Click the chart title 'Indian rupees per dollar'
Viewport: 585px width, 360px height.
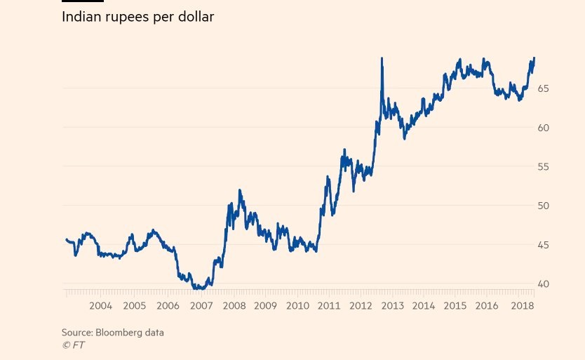137,17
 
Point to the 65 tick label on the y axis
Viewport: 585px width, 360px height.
544,88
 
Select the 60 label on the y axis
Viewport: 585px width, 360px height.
544,128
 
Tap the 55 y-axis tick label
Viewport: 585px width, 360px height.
544,167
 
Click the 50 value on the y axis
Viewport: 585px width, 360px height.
544,206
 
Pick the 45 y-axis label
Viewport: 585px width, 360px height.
544,245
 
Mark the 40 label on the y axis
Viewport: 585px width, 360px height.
544,284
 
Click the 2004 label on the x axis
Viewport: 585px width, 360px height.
100,306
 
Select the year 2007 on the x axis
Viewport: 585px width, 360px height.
201,306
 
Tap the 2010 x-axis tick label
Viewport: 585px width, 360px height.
297,306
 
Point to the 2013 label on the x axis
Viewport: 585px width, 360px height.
392,306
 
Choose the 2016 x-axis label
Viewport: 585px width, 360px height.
487,306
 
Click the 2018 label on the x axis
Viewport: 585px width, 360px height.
523,306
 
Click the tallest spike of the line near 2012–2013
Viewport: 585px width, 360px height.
382,59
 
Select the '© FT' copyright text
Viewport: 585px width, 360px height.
73,345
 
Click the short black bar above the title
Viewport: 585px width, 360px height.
83,1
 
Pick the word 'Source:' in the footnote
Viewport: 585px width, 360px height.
76,333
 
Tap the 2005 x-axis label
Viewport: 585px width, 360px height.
134,306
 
